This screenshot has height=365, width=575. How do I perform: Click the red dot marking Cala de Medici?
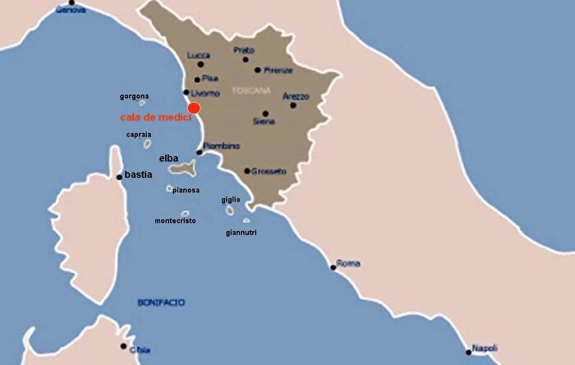(194, 108)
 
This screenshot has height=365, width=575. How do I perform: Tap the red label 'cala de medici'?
(156, 118)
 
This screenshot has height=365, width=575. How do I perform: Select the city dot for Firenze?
(258, 70)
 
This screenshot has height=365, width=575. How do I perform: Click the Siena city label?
(264, 122)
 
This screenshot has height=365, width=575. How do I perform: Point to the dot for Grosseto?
(247, 171)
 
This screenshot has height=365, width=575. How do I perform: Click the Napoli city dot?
(469, 352)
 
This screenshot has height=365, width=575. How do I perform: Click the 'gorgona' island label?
(135, 96)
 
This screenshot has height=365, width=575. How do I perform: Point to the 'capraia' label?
(138, 134)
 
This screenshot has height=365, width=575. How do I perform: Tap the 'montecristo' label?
(175, 220)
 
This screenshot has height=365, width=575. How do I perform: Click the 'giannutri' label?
(241, 233)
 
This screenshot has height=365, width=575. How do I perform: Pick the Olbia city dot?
(123, 346)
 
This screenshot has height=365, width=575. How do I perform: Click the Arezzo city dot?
(292, 104)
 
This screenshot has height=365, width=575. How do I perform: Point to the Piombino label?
(222, 146)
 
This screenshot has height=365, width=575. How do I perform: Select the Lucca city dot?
(200, 64)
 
